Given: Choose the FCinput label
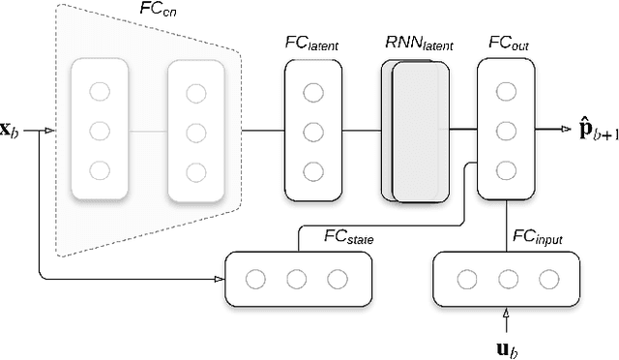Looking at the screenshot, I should (x=535, y=238).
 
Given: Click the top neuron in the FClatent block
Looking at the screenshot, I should (x=312, y=92).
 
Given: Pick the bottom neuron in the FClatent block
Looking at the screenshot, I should (x=312, y=172).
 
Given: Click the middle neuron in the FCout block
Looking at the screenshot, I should (x=505, y=131).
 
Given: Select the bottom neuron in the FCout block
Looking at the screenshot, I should (x=505, y=171).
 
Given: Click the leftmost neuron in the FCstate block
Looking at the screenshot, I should (x=256, y=279).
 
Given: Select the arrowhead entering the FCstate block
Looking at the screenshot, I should (x=218, y=279).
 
